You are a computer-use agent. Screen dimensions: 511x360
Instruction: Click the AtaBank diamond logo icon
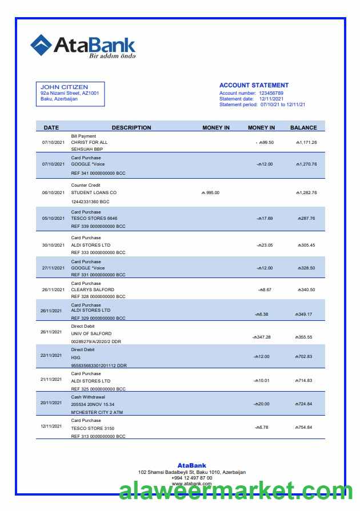[x=41, y=45]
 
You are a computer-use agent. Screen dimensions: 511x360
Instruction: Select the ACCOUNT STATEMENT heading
[x=254, y=85]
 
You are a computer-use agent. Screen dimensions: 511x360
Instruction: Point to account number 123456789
[x=271, y=92]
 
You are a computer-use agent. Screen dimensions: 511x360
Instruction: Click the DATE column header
[x=51, y=128]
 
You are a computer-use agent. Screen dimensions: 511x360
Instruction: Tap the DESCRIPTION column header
[x=131, y=128]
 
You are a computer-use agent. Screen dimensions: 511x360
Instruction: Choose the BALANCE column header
[x=303, y=128]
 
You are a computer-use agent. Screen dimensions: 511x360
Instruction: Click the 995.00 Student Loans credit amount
[x=210, y=192]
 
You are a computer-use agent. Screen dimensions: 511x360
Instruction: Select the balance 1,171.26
[x=306, y=142]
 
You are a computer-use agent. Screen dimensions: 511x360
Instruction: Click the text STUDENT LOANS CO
[x=94, y=192]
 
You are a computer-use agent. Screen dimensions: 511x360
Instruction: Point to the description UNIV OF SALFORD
[x=91, y=333]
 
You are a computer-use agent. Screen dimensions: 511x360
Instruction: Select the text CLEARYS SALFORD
[x=93, y=289]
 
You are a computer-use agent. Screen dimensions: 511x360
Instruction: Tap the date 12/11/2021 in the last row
[x=51, y=426]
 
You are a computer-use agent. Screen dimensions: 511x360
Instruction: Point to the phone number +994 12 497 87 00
[x=191, y=478]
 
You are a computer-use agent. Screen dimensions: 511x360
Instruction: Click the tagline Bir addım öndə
[x=113, y=56]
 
